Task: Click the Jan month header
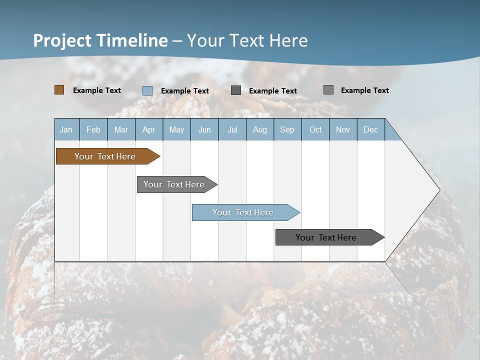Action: [66, 129]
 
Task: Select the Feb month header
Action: [93, 129]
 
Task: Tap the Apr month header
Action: [149, 129]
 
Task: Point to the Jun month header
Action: [204, 129]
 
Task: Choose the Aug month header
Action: [260, 129]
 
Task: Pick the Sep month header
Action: [287, 129]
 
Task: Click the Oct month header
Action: [315, 129]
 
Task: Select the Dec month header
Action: [371, 129]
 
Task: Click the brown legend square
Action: [59, 90]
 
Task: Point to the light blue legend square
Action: [147, 90]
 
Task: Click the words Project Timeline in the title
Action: [100, 40]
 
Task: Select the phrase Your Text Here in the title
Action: [247, 40]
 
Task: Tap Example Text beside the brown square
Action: [97, 90]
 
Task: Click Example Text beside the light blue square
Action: [185, 91]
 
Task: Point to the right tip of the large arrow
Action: [438, 190]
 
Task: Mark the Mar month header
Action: [121, 129]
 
